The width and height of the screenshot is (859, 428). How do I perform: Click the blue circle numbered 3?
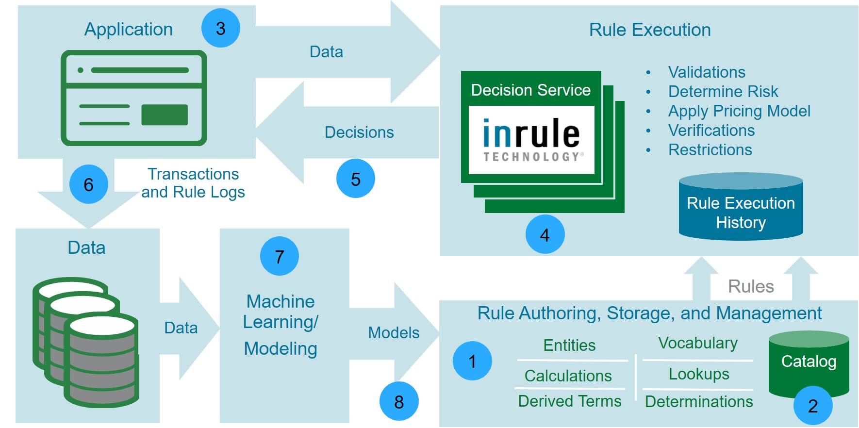tap(221, 28)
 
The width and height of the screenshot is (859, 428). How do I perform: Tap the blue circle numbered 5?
tap(355, 179)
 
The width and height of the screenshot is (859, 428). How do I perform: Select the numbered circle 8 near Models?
tap(398, 401)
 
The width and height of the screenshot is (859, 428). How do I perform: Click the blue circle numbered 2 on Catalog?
tap(812, 406)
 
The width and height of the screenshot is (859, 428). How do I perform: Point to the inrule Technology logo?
tap(531, 140)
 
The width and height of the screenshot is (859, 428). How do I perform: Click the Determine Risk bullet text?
tap(723, 91)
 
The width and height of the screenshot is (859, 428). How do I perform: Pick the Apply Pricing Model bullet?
tap(739, 111)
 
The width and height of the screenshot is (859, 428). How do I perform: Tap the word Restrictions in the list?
tap(710, 149)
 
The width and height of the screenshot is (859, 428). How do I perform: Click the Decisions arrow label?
tap(359, 132)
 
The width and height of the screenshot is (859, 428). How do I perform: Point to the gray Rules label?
tap(751, 286)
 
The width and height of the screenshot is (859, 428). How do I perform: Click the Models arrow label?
tap(394, 332)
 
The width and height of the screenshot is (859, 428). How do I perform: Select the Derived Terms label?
tap(569, 401)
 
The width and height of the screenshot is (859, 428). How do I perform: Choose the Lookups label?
tap(699, 374)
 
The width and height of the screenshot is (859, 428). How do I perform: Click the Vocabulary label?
tap(698, 343)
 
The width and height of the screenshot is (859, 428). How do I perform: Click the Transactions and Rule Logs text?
tap(193, 183)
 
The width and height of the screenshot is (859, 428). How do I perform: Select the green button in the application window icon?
tap(165, 115)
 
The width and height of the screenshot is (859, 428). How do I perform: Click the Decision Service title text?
tap(530, 90)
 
